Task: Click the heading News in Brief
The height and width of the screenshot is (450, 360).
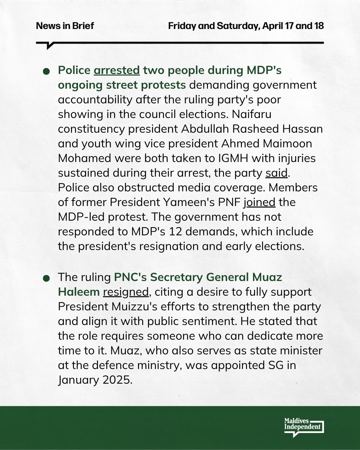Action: pos(65,26)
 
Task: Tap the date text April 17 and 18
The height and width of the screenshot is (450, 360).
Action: pos(293,26)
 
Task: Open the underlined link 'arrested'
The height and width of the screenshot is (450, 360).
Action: pos(117,70)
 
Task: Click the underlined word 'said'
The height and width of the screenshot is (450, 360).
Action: pos(276,173)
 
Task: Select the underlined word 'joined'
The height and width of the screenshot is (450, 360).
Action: pos(259,202)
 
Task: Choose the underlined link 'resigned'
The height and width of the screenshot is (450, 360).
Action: pos(126,292)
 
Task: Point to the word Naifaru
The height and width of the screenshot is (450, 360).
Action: pos(252,114)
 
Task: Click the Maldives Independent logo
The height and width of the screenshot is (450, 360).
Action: pos(304,427)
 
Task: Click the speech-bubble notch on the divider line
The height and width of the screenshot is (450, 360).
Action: pos(50,46)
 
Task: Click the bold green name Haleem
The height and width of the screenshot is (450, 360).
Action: pos(79,292)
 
